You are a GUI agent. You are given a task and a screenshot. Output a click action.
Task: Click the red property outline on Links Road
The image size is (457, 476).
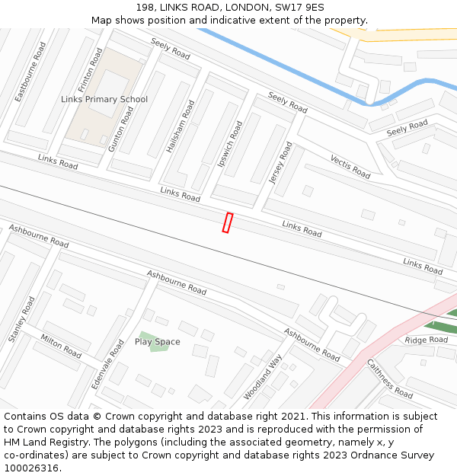click(227, 222)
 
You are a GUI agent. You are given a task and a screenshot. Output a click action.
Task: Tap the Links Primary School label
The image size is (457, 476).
click(104, 100)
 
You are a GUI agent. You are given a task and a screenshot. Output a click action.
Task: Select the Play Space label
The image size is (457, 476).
click(158, 342)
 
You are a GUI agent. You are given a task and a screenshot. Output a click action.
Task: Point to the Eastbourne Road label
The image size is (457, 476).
click(31, 72)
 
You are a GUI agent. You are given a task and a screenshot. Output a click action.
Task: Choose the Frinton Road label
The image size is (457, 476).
click(90, 71)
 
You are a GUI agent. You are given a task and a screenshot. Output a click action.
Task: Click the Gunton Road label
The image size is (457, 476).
click(121, 129)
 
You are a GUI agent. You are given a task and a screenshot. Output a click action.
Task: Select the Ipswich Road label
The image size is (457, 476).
click(230, 144)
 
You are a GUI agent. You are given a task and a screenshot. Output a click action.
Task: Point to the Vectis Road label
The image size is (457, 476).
click(350, 166)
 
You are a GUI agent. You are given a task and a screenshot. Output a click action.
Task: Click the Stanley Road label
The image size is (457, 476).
click(21, 319)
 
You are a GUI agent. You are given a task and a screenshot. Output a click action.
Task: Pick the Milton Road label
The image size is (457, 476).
click(61, 346)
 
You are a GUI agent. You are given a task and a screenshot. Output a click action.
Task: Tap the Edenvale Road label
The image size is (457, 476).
click(107, 365)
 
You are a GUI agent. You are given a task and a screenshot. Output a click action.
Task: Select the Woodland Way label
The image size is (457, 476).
click(263, 377)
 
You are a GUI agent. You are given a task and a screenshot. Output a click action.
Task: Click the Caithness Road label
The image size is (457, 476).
click(390, 379)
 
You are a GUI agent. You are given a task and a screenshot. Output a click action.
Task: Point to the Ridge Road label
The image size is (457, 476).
click(427, 340)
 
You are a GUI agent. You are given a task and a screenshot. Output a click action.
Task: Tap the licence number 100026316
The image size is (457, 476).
click(31, 468)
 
